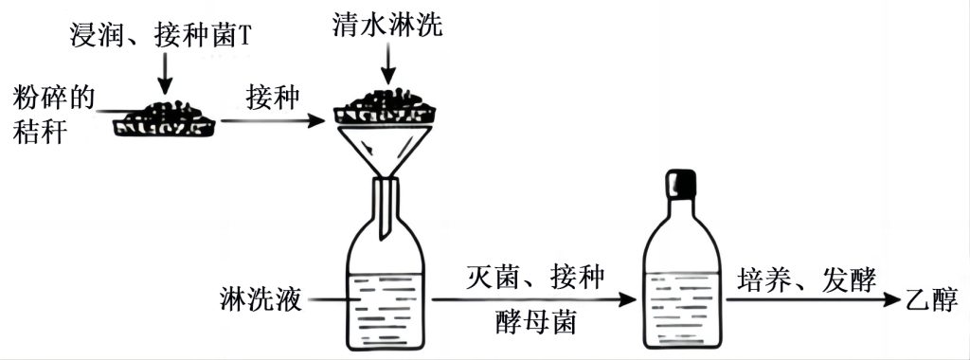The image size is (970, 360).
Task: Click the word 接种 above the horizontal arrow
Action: coord(273,99)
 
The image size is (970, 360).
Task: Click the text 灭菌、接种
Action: coord(535,279)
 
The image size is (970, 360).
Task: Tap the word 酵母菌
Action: coord(536,322)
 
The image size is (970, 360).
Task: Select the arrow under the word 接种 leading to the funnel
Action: coord(273,120)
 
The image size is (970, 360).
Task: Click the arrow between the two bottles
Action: coord(534,300)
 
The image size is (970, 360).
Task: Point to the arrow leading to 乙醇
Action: coord(813,300)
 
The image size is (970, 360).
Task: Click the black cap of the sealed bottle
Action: coord(681,184)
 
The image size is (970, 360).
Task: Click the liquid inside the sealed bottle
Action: coord(682,308)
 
